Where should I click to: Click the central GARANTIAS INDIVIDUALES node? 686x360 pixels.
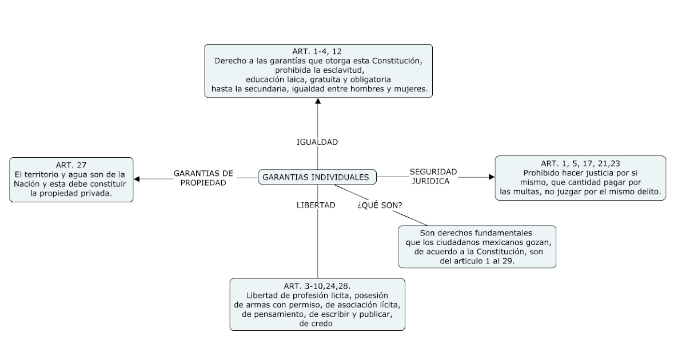point(317,178)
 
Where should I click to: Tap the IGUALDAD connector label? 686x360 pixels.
point(317,142)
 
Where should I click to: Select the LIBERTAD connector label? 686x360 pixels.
point(316,205)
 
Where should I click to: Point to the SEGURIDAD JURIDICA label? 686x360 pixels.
point(432,176)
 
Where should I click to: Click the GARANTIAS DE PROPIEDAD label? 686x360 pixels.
point(204,178)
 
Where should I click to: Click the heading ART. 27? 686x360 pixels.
point(71,165)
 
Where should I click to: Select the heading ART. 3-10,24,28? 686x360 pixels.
point(317,285)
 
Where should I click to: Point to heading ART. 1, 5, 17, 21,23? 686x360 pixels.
point(580,163)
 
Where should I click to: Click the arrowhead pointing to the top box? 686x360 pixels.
point(318,101)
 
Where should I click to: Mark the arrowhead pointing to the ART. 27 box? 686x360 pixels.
point(137,179)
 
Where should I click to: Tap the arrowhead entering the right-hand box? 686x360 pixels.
point(491,177)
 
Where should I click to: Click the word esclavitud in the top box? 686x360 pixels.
point(342,70)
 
